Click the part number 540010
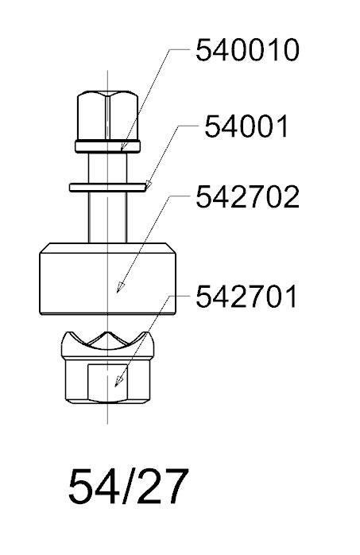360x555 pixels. click(247, 50)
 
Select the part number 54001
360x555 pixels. click(246, 126)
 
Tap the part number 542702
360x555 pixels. click(247, 197)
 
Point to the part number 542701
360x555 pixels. click(246, 297)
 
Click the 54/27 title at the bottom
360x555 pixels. click(128, 487)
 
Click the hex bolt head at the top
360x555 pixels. click(107, 115)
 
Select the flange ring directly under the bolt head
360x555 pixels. click(107, 146)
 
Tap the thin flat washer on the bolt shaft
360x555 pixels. click(107, 187)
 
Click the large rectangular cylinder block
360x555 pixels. click(107, 278)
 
